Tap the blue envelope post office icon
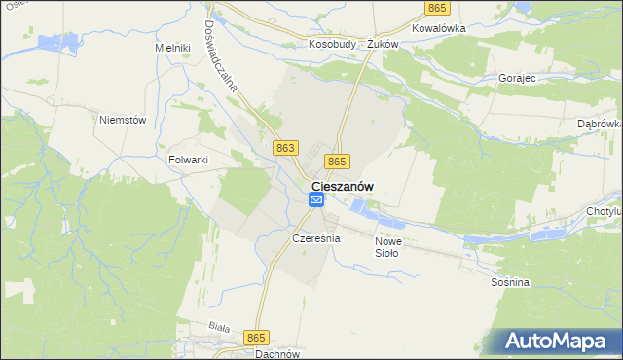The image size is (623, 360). point(316,199)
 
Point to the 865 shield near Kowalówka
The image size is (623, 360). point(436,8)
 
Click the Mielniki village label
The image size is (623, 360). point(170,47)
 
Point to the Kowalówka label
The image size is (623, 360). point(439,28)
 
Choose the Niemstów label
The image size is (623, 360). point(123,120)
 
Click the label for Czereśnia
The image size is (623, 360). point(315,238)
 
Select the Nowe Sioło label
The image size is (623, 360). point(387,247)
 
